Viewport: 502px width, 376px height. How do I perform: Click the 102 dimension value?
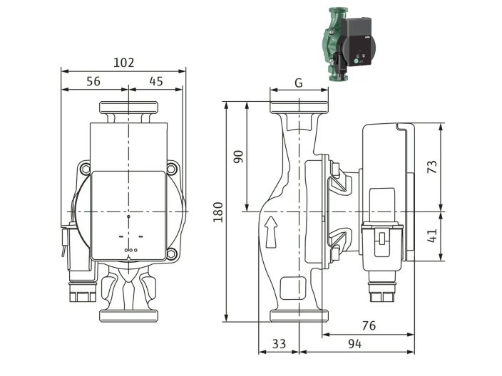pos(124,63)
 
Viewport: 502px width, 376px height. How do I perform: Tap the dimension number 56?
pos(93,81)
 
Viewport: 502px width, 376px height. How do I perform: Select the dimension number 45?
pos(156,81)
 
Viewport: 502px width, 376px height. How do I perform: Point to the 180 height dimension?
pos(218,211)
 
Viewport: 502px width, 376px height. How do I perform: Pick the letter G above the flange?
pos(298,83)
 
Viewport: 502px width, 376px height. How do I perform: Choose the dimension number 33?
pos(279,344)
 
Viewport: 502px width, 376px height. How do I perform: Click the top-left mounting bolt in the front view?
pos(86,169)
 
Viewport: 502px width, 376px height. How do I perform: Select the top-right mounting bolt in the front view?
pos(172,169)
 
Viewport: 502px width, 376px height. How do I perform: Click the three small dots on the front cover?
pos(129,250)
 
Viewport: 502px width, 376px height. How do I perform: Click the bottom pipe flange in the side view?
pos(298,315)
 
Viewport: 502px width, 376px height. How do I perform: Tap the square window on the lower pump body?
pos(289,288)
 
